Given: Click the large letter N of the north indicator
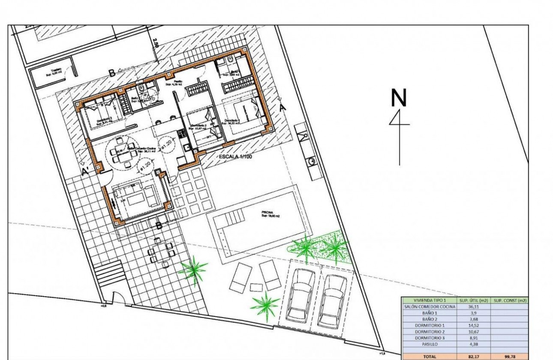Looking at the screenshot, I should (x=399, y=98).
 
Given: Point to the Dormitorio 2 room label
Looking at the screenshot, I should (x=199, y=126).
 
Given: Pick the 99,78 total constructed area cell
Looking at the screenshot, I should (x=510, y=356).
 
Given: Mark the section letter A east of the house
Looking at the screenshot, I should (x=282, y=108).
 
